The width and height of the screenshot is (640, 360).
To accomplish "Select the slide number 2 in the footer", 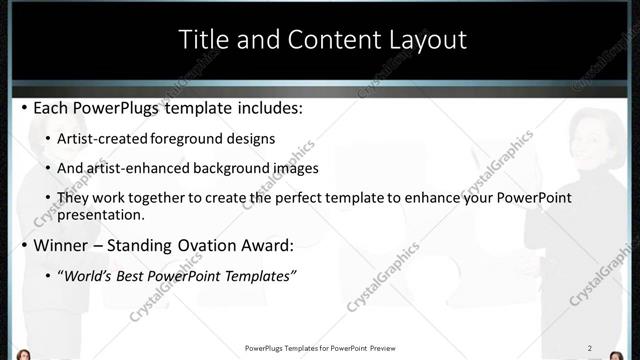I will (x=589, y=348).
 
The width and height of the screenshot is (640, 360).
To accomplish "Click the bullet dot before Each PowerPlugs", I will (x=24, y=107).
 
